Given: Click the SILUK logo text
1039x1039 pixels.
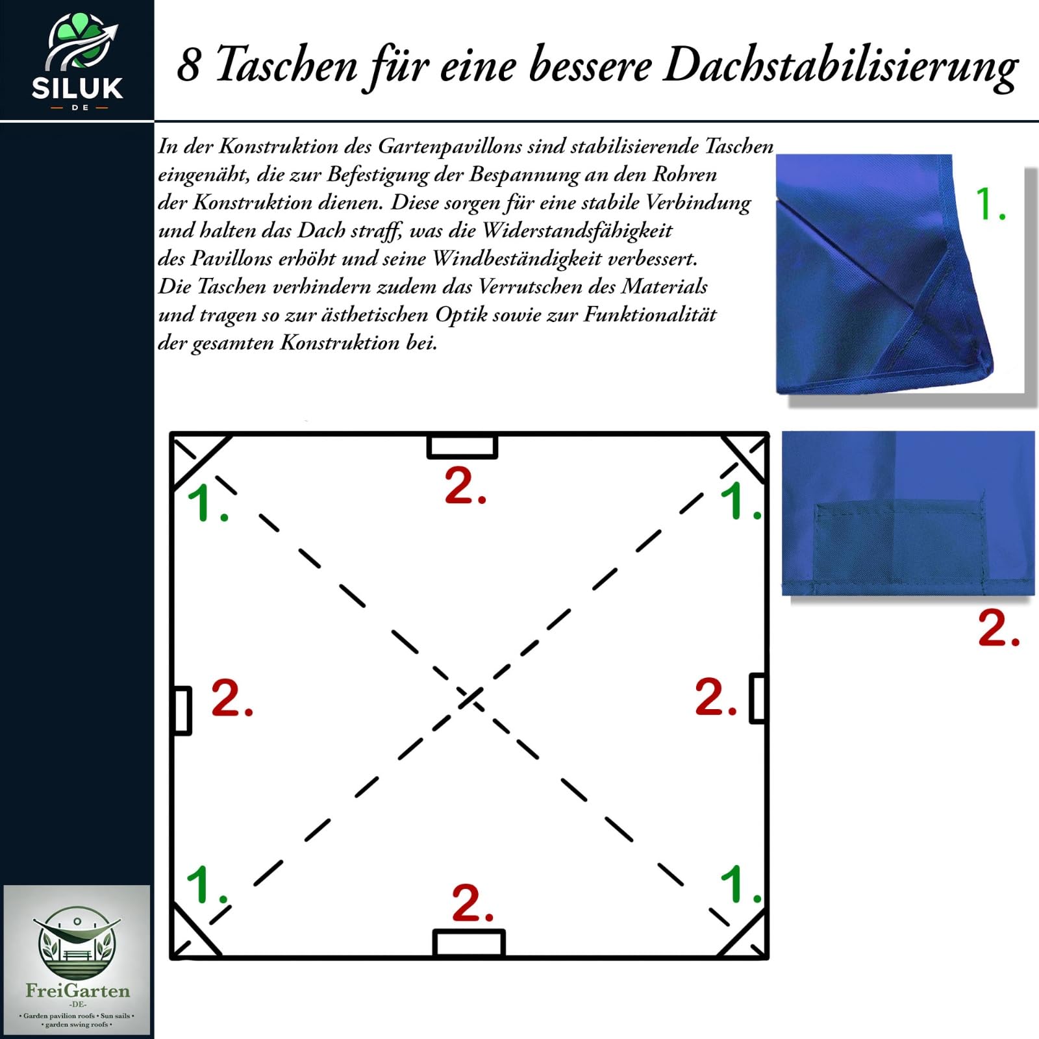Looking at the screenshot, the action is (77, 88).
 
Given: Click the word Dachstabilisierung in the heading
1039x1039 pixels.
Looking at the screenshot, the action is (840, 67).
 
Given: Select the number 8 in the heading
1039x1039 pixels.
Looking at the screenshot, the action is (188, 66).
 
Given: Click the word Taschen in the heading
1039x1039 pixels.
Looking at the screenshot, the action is (286, 65).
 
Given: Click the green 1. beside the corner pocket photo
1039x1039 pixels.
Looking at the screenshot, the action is (991, 204).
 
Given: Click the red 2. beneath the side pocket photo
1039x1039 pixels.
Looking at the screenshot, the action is (999, 628).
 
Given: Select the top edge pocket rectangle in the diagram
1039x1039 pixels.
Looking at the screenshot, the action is (462, 446).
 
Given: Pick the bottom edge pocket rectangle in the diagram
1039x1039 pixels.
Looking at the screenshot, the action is (469, 944).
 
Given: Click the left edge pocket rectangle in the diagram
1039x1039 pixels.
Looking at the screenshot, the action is (182, 710).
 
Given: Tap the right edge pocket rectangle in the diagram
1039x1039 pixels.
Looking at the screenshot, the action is (758, 699).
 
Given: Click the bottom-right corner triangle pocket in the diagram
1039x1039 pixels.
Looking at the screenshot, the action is (749, 939).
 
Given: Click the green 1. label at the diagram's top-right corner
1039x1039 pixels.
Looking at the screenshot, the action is (740, 502).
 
